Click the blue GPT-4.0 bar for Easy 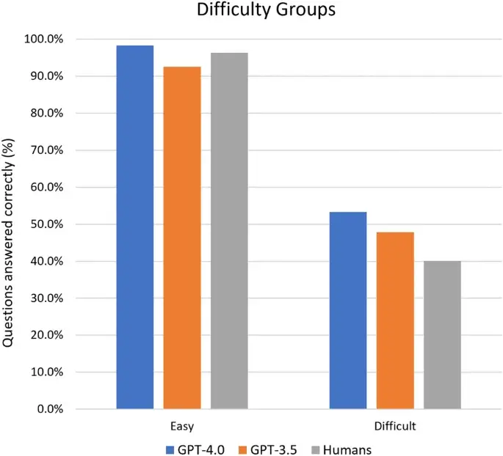135,227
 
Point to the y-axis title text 10,224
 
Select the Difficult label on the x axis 395,425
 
